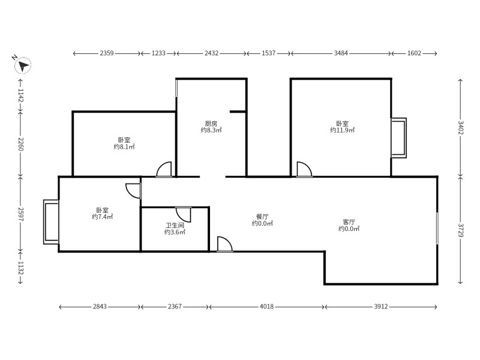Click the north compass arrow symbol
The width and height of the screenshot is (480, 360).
pyautogui.click(x=23, y=65)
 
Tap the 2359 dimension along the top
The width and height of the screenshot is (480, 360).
pyautogui.click(x=107, y=53)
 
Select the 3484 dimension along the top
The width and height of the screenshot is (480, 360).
pyautogui.click(x=341, y=53)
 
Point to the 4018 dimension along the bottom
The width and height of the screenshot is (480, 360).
pyautogui.click(x=266, y=307)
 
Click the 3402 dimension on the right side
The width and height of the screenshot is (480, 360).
pyautogui.click(x=460, y=128)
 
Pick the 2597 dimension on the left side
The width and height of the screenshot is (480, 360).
pyautogui.click(x=20, y=214)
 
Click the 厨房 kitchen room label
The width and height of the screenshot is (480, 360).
pyautogui.click(x=211, y=124)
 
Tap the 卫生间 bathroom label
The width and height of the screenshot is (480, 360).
pyautogui.click(x=175, y=226)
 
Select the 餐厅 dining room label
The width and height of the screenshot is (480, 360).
pyautogui.click(x=262, y=217)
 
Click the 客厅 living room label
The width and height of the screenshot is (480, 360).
pyautogui.click(x=349, y=222)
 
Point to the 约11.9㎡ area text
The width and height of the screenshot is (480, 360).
pyautogui.click(x=342, y=130)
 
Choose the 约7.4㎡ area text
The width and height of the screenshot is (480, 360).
pyautogui.click(x=102, y=217)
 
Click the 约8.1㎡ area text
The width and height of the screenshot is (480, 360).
pyautogui.click(x=124, y=147)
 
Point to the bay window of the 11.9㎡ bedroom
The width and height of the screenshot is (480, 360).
pyautogui.click(x=399, y=138)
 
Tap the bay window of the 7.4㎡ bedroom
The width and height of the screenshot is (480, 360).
pyautogui.click(x=51, y=222)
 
